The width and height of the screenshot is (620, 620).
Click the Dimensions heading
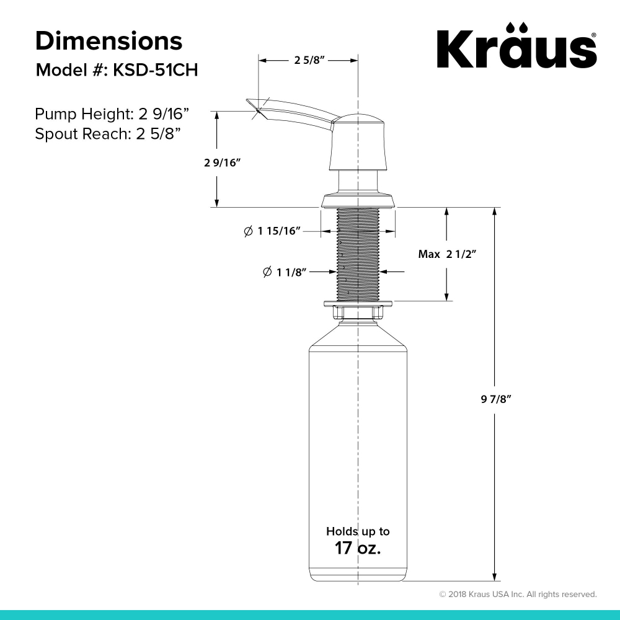pyautogui.click(x=108, y=41)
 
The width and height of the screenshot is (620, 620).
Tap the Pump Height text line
pyautogui.click(x=112, y=114)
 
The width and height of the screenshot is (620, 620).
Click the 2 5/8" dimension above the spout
pyautogui.click(x=309, y=60)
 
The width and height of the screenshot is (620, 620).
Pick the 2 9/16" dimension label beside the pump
pyautogui.click(x=222, y=162)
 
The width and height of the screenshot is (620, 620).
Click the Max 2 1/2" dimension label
pyautogui.click(x=447, y=254)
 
